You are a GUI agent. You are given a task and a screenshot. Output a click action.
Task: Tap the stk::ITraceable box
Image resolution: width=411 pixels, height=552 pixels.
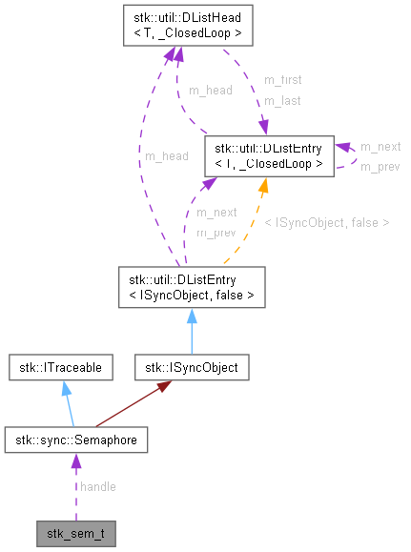62,366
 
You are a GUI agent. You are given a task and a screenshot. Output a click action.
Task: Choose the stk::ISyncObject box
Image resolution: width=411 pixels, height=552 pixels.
192,366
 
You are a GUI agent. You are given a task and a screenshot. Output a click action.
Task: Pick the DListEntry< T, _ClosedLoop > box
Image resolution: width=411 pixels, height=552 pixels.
269,155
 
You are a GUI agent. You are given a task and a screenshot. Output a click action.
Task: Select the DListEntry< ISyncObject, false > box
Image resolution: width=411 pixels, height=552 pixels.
192,287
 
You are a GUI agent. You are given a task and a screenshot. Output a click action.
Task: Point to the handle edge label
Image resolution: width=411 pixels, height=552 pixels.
98,487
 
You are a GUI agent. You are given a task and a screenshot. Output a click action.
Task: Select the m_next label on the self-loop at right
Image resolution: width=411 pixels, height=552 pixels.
380,147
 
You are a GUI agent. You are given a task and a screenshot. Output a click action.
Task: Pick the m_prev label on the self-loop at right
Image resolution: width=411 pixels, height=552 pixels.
380,166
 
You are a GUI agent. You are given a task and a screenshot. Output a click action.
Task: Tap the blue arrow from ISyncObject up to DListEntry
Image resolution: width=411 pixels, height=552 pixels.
192,330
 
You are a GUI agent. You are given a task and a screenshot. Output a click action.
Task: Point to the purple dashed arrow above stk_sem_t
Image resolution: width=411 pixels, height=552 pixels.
75,486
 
